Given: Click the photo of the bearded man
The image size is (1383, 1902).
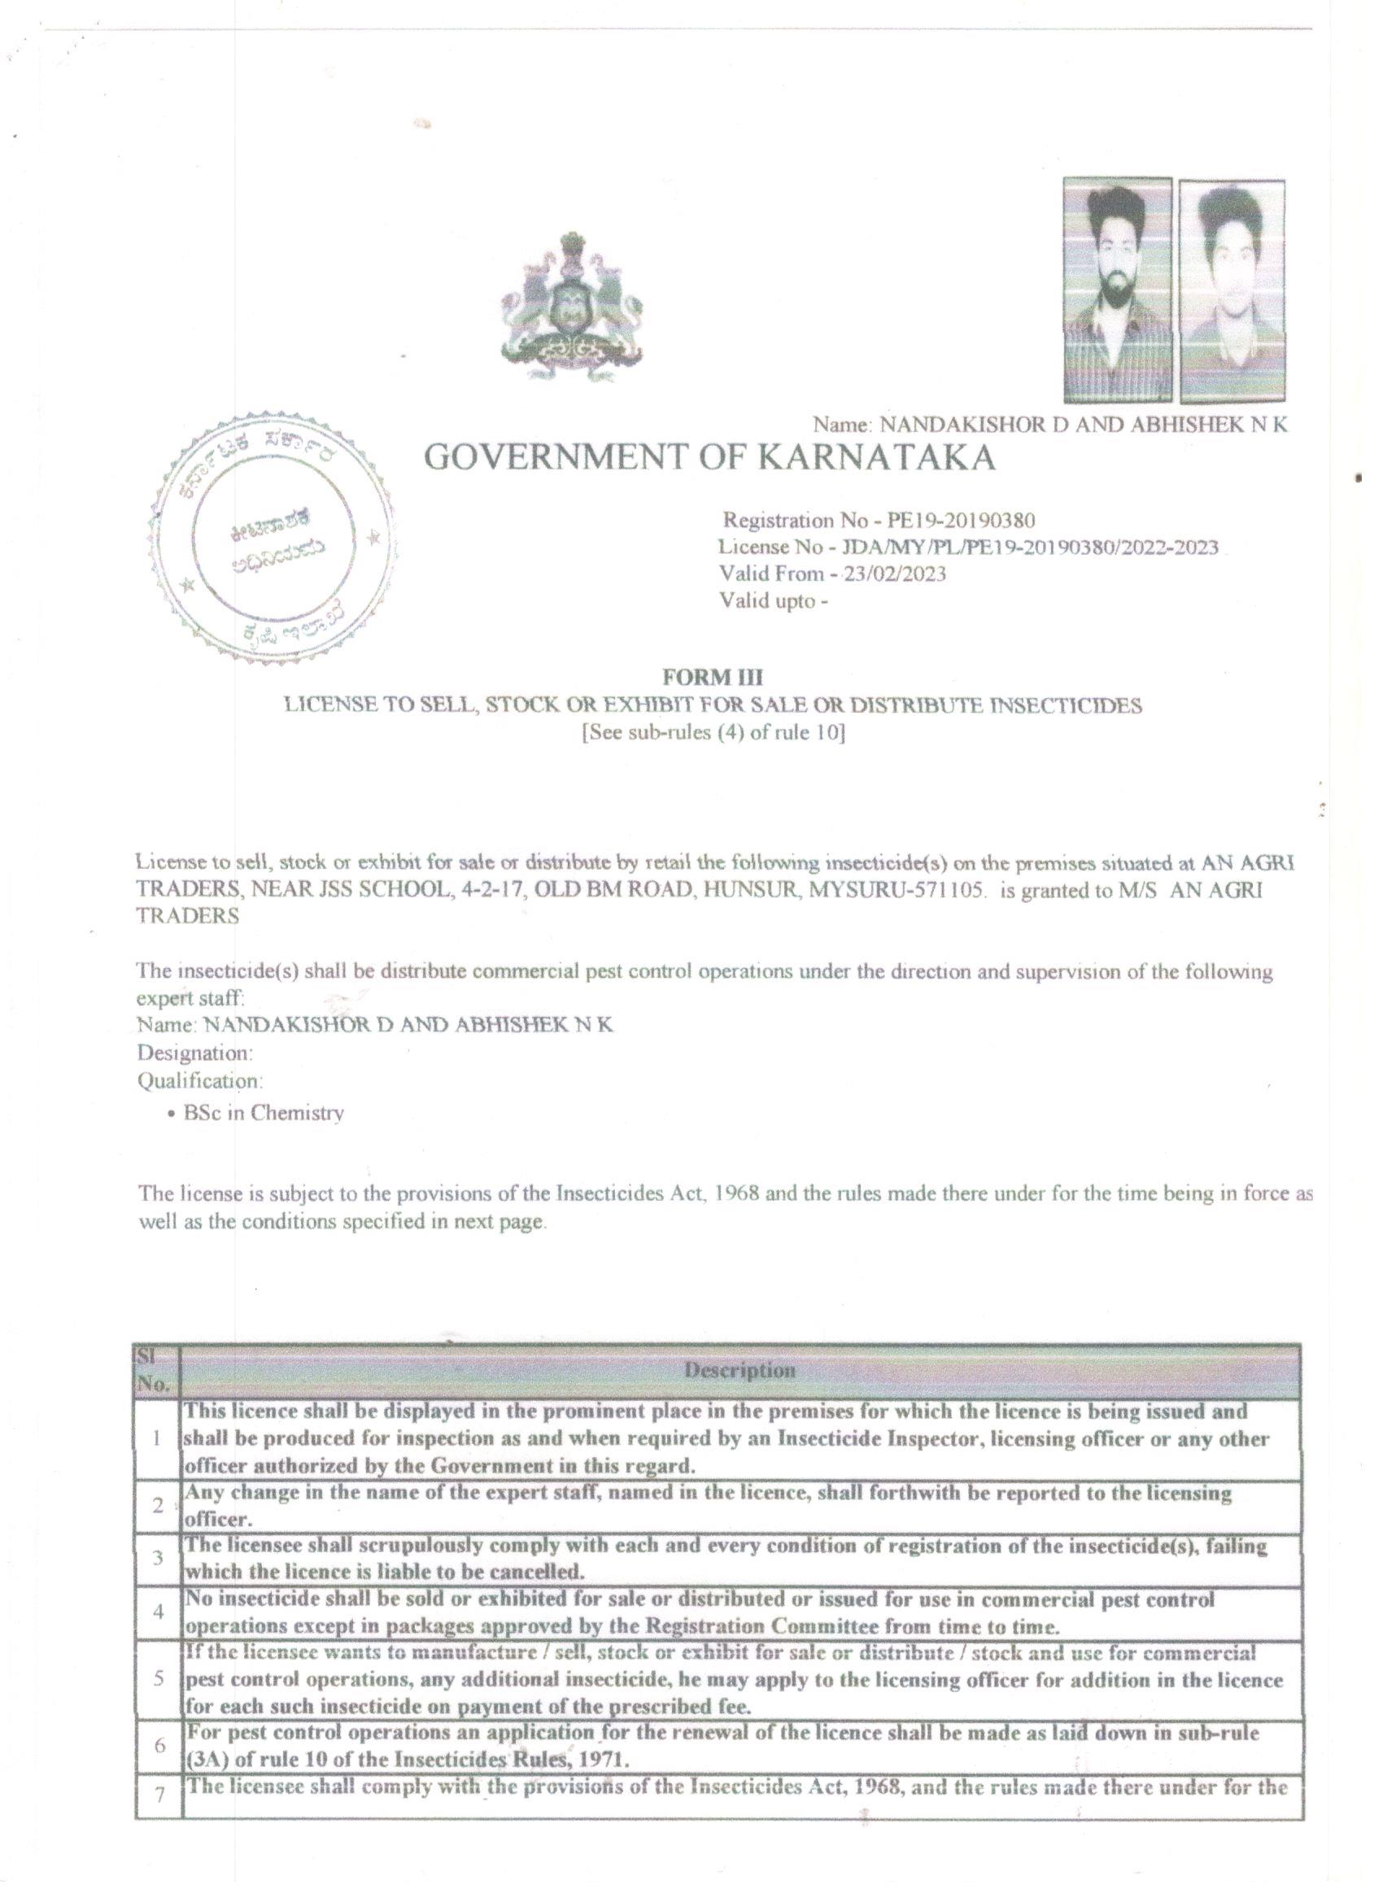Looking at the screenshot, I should [x=1116, y=290].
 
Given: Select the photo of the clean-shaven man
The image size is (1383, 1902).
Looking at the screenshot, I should [x=1231, y=292].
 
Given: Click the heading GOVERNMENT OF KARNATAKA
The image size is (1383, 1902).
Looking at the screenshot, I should [x=709, y=458].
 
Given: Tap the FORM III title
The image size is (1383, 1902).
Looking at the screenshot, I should [x=712, y=677].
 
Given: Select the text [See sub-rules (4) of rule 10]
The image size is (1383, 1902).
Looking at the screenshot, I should [x=713, y=732].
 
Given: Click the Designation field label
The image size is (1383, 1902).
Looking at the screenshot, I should [x=194, y=1052].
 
